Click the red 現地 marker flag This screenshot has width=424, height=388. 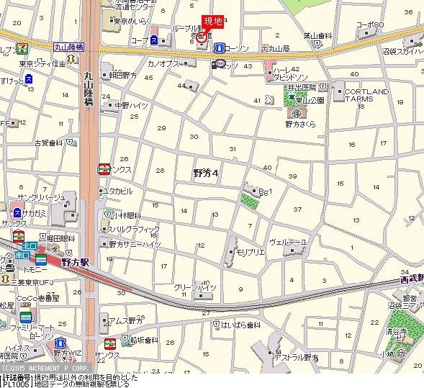click(x=211, y=22)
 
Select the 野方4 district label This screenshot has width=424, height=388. click(x=205, y=173)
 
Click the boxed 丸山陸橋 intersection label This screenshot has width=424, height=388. click(x=69, y=47)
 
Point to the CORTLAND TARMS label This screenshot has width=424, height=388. click(x=366, y=96)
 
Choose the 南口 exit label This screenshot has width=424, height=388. click(x=22, y=256)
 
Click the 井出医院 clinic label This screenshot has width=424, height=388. click(x=302, y=87)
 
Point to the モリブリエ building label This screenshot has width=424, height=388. click(x=251, y=252)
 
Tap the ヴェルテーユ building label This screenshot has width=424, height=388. click(x=288, y=242)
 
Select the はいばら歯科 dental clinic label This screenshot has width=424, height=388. click(x=241, y=325)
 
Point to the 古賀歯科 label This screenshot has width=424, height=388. click(x=49, y=143)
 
